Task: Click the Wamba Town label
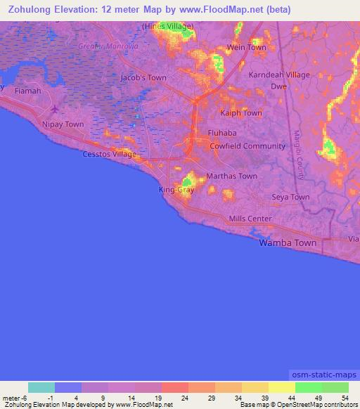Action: (288, 242)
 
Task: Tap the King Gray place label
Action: (176, 190)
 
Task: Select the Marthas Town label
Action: (231, 176)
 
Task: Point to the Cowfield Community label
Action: (247, 146)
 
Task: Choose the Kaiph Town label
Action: (241, 113)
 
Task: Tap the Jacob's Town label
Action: (144, 78)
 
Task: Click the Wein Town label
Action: (247, 48)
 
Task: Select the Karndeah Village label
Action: (279, 74)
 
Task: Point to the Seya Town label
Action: (290, 197)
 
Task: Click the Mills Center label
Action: (250, 219)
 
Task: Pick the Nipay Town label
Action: (65, 124)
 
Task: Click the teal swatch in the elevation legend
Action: (41, 387)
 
